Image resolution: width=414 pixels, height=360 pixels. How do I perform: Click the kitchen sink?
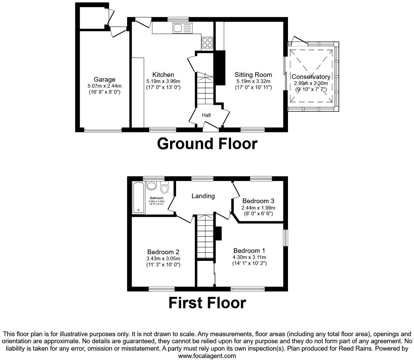tap(182, 28)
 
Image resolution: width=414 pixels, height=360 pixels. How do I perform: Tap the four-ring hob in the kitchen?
tap(207, 42)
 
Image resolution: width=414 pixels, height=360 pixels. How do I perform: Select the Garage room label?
tap(105, 80)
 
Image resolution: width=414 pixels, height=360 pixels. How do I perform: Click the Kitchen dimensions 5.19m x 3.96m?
tap(163, 81)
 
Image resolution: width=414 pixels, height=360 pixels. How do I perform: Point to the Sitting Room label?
tap(253, 75)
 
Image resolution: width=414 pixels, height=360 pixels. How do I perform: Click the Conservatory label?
tap(311, 77)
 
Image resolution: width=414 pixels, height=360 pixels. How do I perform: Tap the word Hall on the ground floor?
tap(206, 115)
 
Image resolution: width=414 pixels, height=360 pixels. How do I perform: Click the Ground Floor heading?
tap(207, 144)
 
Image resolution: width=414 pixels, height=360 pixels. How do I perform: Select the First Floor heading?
tap(207, 303)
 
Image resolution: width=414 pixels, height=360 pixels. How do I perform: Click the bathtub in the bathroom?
tap(138, 197)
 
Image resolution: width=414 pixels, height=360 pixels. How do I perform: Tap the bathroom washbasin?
tap(152, 185)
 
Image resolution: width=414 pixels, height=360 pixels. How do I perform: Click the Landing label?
tap(203, 196)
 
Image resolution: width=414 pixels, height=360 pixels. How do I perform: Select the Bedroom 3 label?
tap(258, 201)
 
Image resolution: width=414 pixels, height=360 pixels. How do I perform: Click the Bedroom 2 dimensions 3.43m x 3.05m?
tap(163, 259)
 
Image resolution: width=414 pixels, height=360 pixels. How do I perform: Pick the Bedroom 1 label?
tap(249, 251)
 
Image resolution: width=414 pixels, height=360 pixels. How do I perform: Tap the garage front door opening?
tap(103, 130)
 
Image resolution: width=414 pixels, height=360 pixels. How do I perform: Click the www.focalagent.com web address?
tap(207, 356)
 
